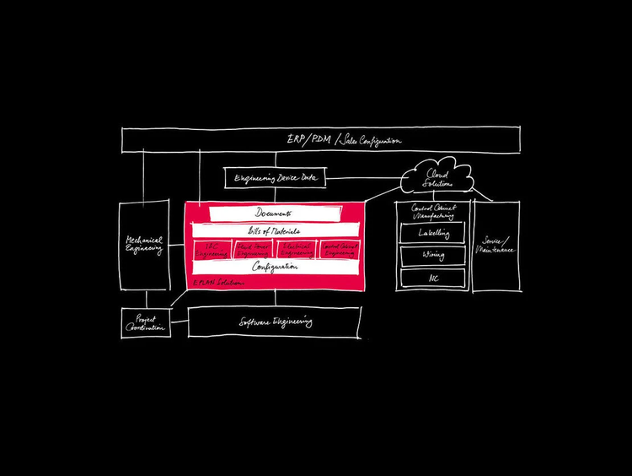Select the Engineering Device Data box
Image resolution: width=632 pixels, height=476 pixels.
pos(275,178)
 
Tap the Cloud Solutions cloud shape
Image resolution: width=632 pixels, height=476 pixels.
pos(435,177)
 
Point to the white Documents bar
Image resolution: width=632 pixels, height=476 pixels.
pos(274,214)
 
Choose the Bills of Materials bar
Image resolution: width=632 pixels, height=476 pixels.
pos(274,230)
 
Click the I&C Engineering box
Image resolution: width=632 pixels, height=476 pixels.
pos(211,249)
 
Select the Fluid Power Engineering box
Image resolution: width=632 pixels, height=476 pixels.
pos(253,249)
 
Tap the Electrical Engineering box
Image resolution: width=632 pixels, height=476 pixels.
pos(297,249)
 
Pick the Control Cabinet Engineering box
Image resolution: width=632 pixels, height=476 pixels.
pos(340,249)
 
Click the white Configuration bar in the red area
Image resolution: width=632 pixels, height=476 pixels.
pos(274,267)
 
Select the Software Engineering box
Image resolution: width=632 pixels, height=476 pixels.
pos(275,322)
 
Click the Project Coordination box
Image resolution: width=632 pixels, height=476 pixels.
pos(147,322)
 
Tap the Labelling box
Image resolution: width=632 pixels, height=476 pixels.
pos(433,233)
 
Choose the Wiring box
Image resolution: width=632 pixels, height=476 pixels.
pos(433,255)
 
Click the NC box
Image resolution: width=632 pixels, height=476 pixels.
pos(433,277)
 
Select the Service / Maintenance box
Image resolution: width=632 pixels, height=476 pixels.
pos(496,246)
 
